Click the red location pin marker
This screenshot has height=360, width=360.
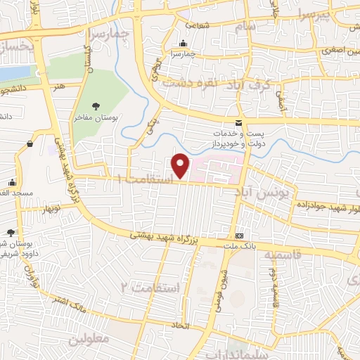tap(181, 165)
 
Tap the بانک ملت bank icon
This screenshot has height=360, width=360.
tap(240, 236)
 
